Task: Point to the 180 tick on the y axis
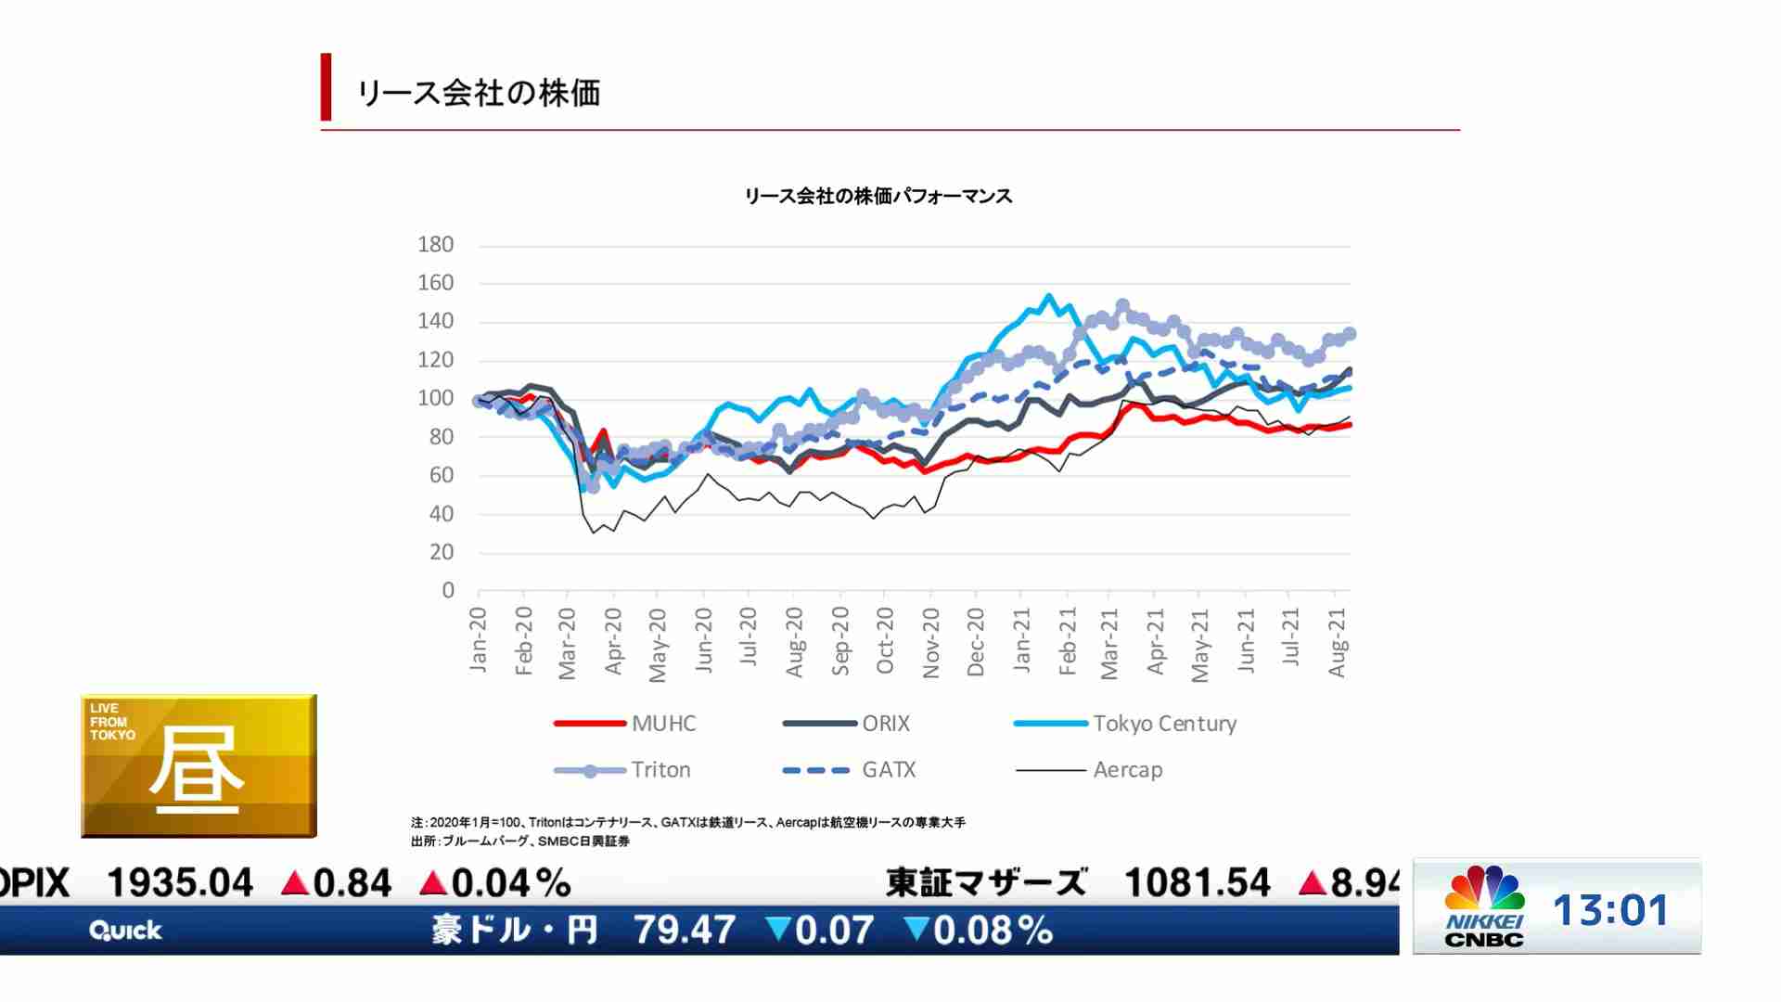tap(435, 245)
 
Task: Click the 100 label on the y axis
tap(435, 399)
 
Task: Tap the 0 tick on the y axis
tap(448, 591)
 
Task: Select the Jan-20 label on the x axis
tap(478, 639)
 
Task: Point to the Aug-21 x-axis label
tap(1337, 643)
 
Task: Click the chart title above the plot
tap(878, 197)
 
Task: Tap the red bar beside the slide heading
tap(326, 87)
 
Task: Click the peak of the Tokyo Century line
tap(1049, 297)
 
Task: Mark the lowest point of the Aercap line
tap(594, 533)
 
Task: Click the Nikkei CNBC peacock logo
tap(1484, 889)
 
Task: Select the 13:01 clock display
tap(1610, 910)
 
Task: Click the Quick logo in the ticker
tap(125, 931)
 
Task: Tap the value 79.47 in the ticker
tap(685, 930)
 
